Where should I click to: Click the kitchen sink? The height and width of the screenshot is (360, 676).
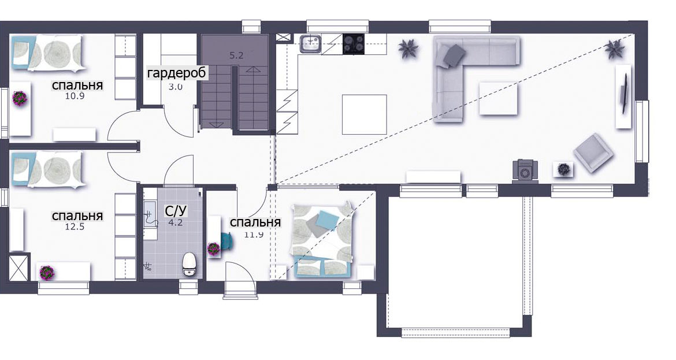[311, 44]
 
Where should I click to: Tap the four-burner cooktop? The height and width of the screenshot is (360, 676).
[354, 44]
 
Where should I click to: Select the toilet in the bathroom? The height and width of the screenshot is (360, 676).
[190, 263]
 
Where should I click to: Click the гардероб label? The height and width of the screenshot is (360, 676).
[177, 73]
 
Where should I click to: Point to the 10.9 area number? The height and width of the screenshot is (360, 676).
[75, 96]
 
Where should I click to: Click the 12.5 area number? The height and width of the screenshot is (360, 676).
[75, 227]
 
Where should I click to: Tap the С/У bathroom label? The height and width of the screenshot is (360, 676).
[176, 211]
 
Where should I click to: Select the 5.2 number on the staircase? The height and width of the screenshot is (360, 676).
[236, 55]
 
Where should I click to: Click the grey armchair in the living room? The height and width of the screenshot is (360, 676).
[593, 153]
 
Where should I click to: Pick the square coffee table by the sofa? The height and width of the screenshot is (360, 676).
[498, 99]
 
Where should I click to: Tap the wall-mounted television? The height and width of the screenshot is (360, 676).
[624, 94]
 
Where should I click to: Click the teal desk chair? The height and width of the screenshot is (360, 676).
[226, 242]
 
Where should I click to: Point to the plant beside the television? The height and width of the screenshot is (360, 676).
[614, 49]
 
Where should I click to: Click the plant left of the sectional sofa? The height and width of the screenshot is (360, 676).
[408, 48]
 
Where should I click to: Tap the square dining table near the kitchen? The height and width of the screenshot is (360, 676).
[365, 114]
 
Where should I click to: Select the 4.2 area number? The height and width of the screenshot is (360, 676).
[176, 223]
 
